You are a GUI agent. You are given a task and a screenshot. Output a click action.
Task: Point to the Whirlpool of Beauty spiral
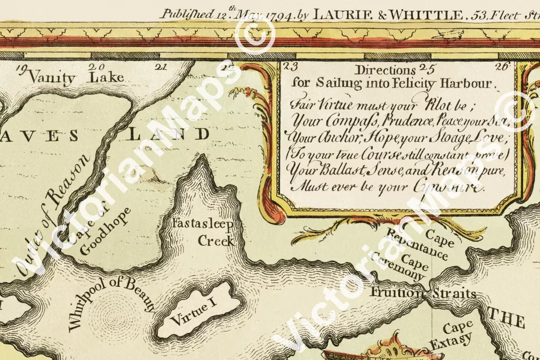(x=110, y=313)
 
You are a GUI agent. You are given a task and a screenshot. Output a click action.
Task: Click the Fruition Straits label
(x=423, y=294)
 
